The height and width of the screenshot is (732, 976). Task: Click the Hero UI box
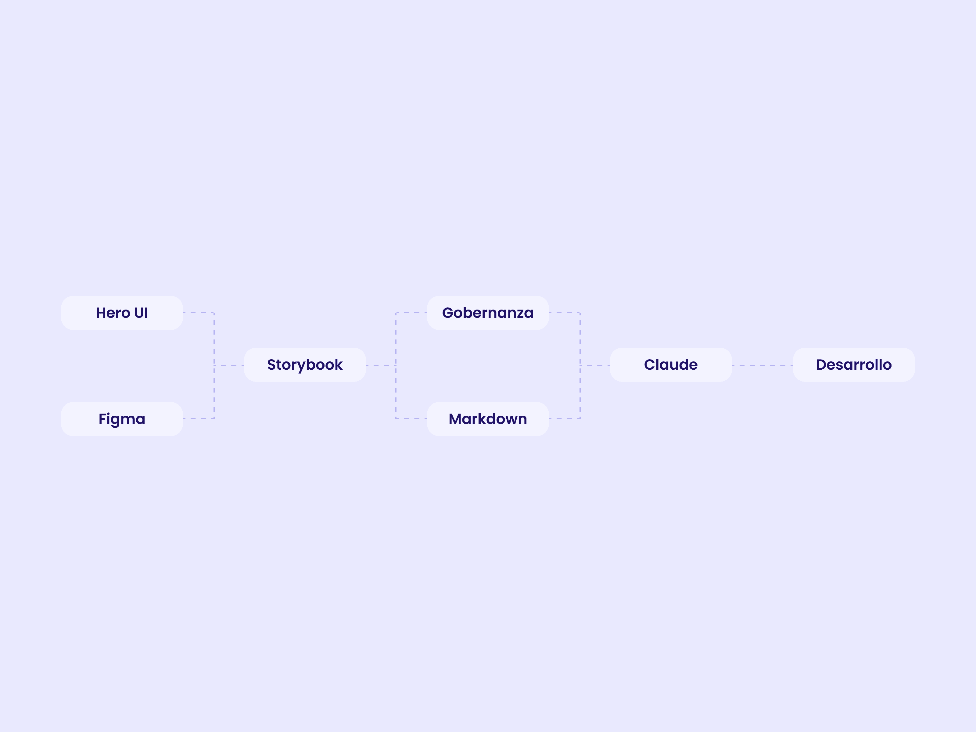(x=122, y=313)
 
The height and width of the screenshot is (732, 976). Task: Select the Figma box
(x=122, y=419)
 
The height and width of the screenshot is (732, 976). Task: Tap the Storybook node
(x=305, y=364)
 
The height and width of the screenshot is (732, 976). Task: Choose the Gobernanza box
(x=488, y=313)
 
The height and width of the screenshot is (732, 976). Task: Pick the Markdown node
(x=488, y=419)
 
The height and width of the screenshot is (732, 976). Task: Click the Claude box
(x=671, y=364)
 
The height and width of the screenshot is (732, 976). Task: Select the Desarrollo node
(x=854, y=364)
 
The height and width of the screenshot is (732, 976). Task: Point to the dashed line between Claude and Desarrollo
(x=762, y=365)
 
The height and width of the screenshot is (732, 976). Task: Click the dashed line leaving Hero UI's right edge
(x=199, y=312)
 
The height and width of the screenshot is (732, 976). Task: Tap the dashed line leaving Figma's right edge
(x=199, y=418)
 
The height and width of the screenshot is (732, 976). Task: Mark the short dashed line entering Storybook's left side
(x=229, y=365)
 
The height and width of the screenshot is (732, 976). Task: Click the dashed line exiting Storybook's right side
(x=381, y=365)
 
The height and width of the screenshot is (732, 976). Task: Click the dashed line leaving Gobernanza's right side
(x=565, y=312)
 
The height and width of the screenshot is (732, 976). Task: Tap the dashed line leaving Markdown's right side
(x=565, y=418)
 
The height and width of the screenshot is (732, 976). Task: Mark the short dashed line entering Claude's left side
(x=595, y=365)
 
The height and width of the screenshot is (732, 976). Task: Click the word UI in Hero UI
(x=141, y=313)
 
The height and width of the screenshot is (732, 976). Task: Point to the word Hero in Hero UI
(x=113, y=313)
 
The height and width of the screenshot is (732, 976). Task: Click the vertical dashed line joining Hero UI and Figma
(x=214, y=365)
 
